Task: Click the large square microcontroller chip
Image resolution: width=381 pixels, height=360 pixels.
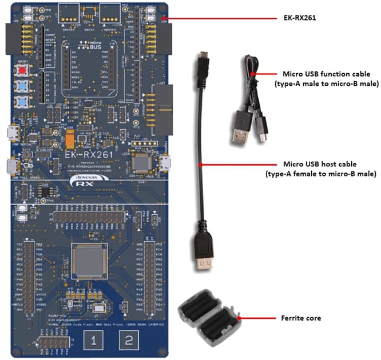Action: point(89,257)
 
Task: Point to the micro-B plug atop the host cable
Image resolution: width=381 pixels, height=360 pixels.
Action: point(201,60)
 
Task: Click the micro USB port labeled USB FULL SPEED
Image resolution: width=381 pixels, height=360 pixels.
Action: point(10,166)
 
